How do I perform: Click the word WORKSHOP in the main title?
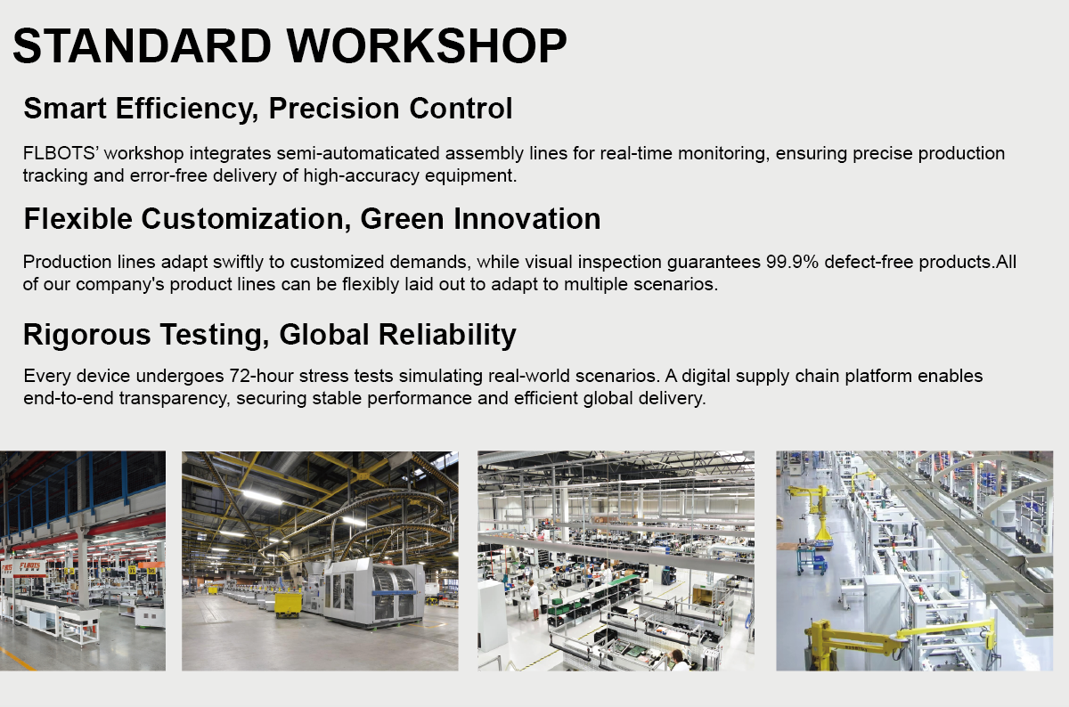(427, 45)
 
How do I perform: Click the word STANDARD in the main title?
(142, 45)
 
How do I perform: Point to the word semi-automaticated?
(358, 153)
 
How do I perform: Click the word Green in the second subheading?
(403, 219)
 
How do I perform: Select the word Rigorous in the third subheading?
(87, 334)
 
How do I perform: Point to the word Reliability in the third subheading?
(447, 334)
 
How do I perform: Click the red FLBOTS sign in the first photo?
(29, 567)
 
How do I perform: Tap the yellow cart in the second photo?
(288, 603)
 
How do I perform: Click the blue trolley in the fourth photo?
(812, 561)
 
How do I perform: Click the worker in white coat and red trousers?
(533, 599)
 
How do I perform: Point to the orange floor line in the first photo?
(17, 659)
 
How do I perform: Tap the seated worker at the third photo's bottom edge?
(678, 661)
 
